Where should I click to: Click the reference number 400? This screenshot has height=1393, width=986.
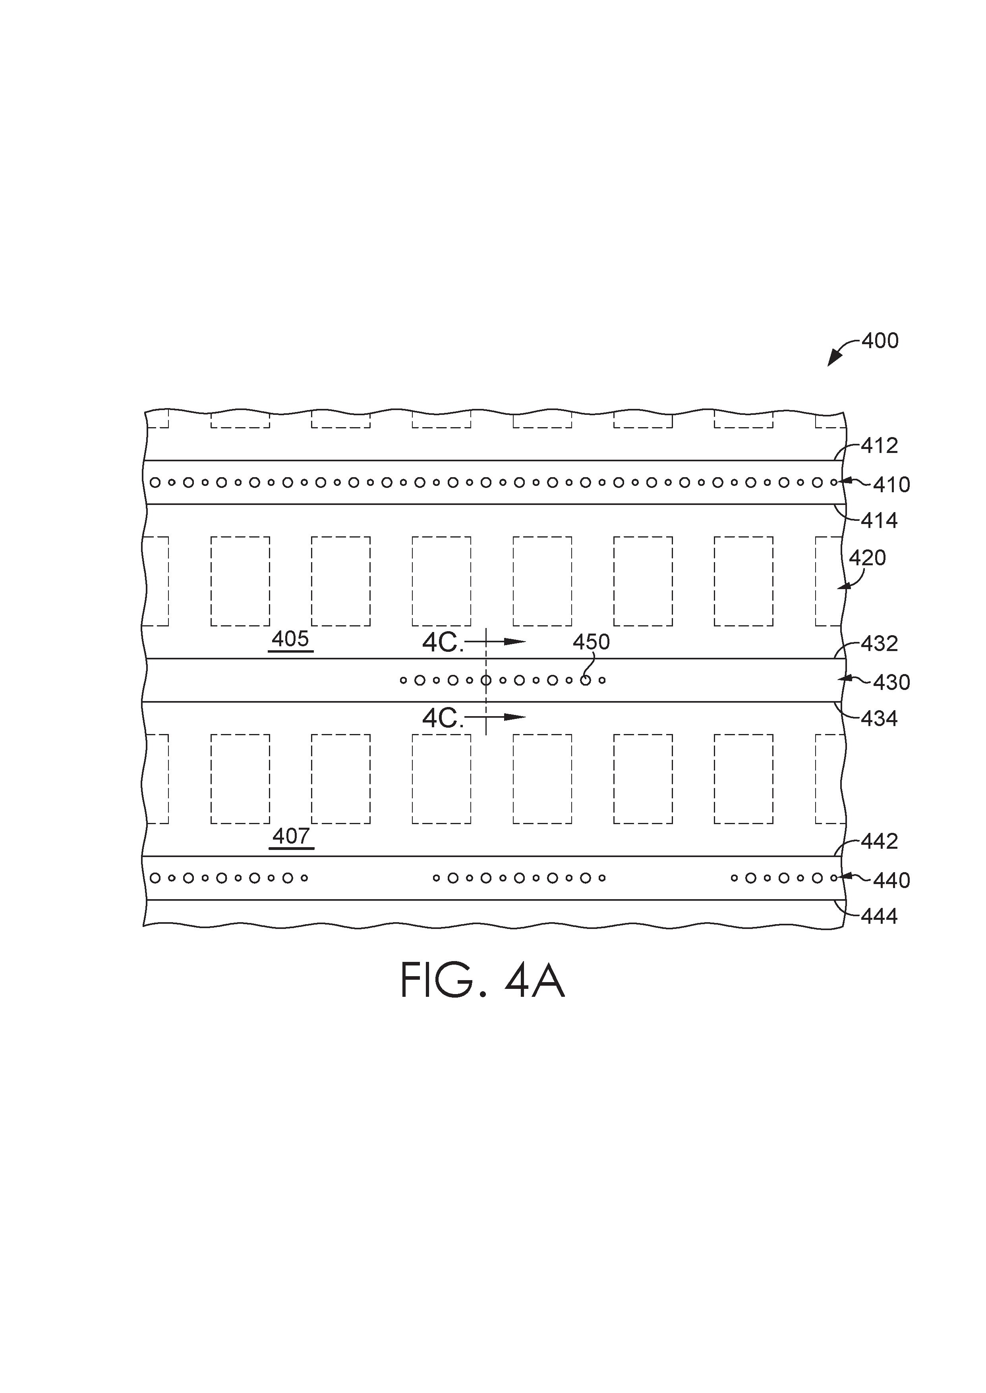880,341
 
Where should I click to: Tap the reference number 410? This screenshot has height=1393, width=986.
891,485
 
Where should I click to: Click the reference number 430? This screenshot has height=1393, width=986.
891,682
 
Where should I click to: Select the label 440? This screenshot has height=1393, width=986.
891,880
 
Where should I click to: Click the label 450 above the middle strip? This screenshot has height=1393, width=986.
592,642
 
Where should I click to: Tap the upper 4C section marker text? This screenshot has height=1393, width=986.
443,643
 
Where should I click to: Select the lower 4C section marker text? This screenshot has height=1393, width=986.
443,719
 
